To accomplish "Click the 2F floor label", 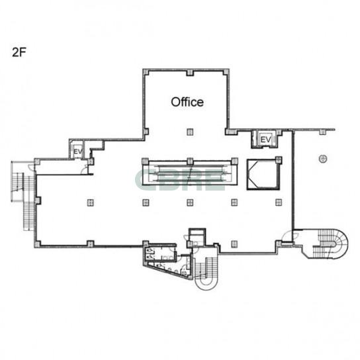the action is (19, 52).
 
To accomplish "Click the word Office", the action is (187, 102).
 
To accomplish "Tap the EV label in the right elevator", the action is (265, 140).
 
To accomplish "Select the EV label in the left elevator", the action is (78, 152).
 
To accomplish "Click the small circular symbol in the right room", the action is (323, 158).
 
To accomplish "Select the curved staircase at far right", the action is (331, 244).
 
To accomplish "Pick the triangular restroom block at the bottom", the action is (167, 262).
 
